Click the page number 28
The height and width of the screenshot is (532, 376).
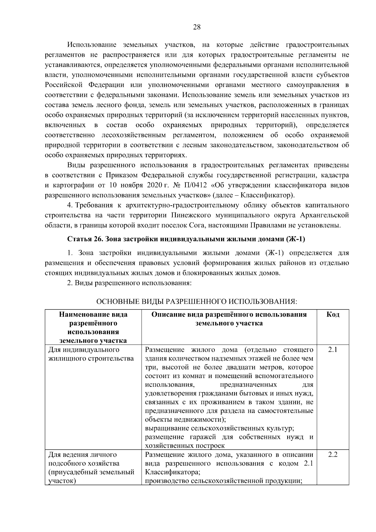click(x=196, y=27)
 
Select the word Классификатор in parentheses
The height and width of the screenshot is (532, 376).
click(x=269, y=195)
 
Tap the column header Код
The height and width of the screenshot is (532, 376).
click(x=333, y=315)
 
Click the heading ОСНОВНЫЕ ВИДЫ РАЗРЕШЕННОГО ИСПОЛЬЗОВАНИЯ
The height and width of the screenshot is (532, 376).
click(x=196, y=302)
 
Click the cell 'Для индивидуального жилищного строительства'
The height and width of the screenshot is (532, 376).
click(x=91, y=354)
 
